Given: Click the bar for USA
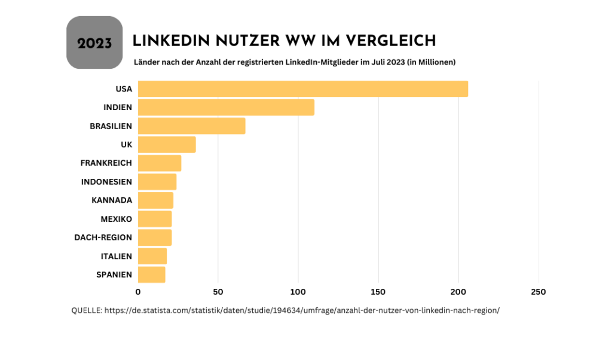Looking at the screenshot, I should tap(302, 89).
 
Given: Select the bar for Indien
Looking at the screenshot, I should tap(226, 108).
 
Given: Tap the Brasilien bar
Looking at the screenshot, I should tap(191, 126).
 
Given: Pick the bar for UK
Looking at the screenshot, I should tap(167, 145).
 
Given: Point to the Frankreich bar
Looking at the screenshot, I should tap(160, 163).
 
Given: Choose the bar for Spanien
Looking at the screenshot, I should tap(152, 274).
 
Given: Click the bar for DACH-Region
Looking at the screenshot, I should tap(155, 237).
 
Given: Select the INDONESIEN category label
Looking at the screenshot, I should tap(106, 182).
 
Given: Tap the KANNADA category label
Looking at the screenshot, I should tap(112, 200).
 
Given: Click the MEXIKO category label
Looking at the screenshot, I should tap(116, 219).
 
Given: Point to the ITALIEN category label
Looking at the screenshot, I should tap(117, 256).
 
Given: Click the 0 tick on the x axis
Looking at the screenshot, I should tap(138, 292).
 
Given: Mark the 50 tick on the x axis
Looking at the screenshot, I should tap(218, 292).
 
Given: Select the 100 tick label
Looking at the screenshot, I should tap(298, 292).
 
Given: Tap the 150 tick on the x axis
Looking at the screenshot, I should tap(378, 292).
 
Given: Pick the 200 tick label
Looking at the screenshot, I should tap(458, 292).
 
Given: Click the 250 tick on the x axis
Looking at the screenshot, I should tap(538, 292).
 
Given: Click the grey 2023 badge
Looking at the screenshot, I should tap(94, 42).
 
